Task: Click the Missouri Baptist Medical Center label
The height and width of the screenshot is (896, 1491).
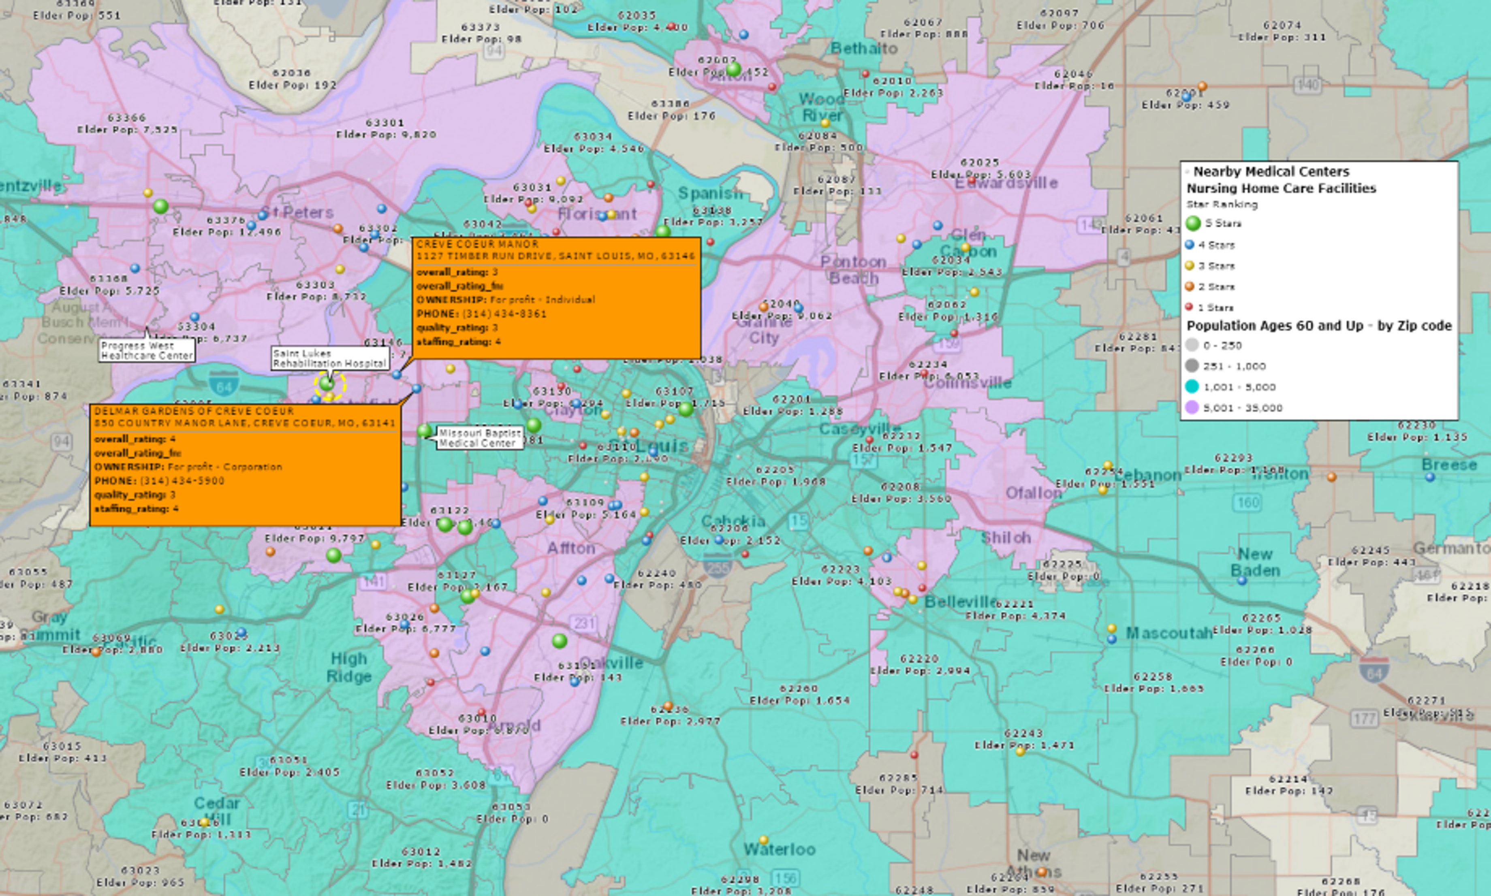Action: (479, 438)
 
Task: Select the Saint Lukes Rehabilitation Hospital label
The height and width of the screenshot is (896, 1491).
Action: (329, 358)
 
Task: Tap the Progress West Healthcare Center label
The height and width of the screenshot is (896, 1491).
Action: (147, 350)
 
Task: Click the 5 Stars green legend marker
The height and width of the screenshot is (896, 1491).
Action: (1193, 224)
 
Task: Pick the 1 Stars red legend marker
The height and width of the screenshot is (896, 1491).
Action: (1189, 307)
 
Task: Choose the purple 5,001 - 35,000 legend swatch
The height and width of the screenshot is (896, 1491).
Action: (1192, 407)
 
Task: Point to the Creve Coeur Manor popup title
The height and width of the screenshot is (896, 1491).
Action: (477, 244)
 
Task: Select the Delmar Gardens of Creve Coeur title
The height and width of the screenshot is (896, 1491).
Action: (194, 411)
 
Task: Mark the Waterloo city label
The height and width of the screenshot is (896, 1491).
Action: (779, 849)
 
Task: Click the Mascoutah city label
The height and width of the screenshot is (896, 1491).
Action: (1168, 633)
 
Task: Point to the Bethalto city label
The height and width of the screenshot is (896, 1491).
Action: (863, 48)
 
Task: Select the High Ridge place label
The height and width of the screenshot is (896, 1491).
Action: (349, 667)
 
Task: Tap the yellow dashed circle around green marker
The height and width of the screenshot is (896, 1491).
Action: (330, 385)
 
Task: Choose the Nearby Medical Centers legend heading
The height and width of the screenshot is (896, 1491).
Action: (1271, 171)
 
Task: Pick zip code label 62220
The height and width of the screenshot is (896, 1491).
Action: (919, 659)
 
